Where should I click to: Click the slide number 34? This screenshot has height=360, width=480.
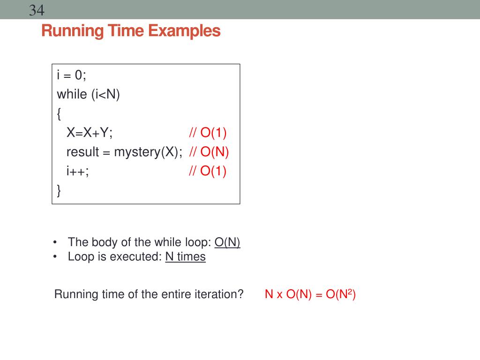pos(37,10)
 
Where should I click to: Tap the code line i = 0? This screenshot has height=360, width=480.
pos(71,75)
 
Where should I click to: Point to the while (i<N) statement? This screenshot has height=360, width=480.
pos(89,94)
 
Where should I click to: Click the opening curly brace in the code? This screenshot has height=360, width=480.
pos(59,114)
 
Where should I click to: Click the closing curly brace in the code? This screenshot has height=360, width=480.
pos(59,190)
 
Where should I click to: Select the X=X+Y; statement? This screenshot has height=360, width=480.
pos(90,133)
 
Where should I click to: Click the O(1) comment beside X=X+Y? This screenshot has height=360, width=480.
pos(213,133)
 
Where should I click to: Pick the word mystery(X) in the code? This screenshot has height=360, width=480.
pos(148,152)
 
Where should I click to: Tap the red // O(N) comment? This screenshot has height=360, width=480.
pos(209,152)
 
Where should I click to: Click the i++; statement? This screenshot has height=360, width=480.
pos(78,172)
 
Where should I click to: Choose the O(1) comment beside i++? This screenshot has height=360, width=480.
pos(213,172)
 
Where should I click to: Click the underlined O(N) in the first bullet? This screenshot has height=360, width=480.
pos(227,242)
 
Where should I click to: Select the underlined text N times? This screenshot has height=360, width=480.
pos(185,257)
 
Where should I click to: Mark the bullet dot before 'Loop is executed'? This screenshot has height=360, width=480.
pos(55,257)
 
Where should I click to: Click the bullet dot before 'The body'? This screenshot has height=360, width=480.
pos(55,242)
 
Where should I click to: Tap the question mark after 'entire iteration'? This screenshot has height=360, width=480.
pos(240,294)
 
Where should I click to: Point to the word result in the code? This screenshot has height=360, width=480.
pos(82,152)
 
